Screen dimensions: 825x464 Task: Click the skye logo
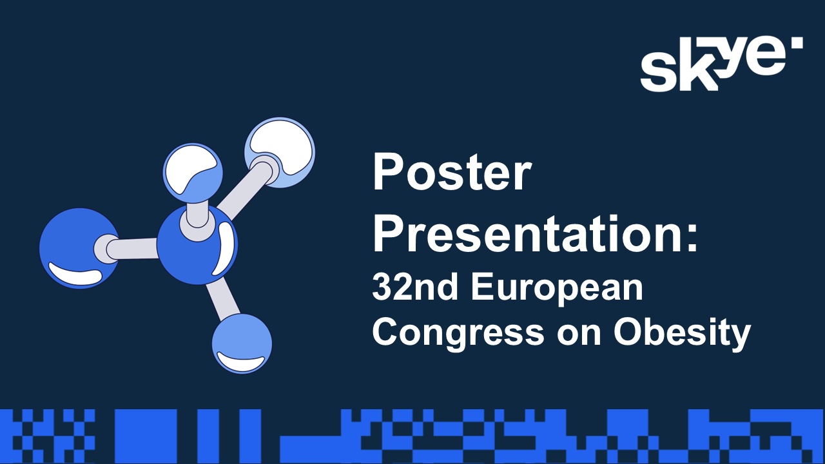coord(721,64)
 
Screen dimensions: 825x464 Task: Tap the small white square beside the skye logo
coord(797,43)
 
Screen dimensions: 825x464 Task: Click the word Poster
coord(452,172)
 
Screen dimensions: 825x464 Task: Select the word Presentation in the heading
coord(527,233)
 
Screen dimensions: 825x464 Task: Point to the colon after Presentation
coord(692,238)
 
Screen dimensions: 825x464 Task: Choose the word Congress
coord(458,334)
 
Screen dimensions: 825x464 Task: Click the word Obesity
coord(682,334)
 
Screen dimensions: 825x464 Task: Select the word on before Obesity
coord(579,336)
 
